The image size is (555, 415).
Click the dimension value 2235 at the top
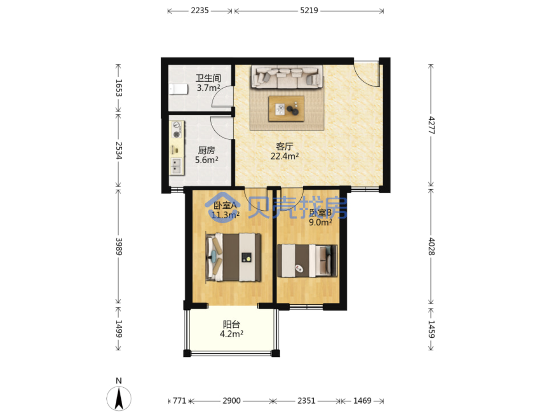[x=200, y=11]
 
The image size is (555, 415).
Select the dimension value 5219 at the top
[x=309, y=11]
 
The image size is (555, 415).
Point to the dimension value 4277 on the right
[x=431, y=125]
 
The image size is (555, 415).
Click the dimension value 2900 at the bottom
[x=231, y=401]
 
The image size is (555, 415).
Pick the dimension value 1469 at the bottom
[x=362, y=401]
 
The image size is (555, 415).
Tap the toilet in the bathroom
[x=179, y=89]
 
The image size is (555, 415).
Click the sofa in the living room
[x=287, y=77]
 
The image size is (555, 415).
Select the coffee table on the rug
[x=286, y=108]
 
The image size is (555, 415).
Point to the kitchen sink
[x=176, y=166]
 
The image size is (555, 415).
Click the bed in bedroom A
[x=233, y=257]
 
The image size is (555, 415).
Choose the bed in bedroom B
[x=307, y=261]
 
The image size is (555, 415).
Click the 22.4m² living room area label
[x=284, y=156]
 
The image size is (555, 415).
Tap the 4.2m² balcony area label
[x=231, y=334]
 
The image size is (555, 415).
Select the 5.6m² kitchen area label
[x=207, y=160]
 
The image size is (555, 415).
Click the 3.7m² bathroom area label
[x=208, y=88]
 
